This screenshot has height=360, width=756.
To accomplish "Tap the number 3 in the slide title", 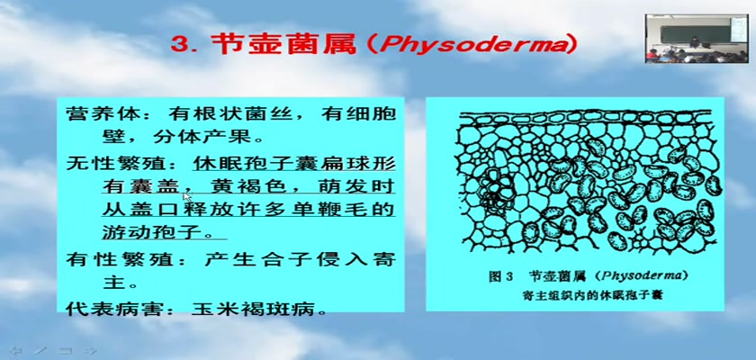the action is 179,45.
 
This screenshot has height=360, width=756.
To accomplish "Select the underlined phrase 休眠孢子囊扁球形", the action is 294,164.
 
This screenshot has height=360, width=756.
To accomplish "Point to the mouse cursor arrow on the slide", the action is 187,197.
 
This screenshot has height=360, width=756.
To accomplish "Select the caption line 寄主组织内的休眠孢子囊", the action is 592,295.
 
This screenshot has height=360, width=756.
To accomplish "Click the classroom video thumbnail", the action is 697,39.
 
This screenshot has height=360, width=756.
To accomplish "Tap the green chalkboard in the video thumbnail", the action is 695,33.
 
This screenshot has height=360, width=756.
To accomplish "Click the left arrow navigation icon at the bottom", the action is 17,350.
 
